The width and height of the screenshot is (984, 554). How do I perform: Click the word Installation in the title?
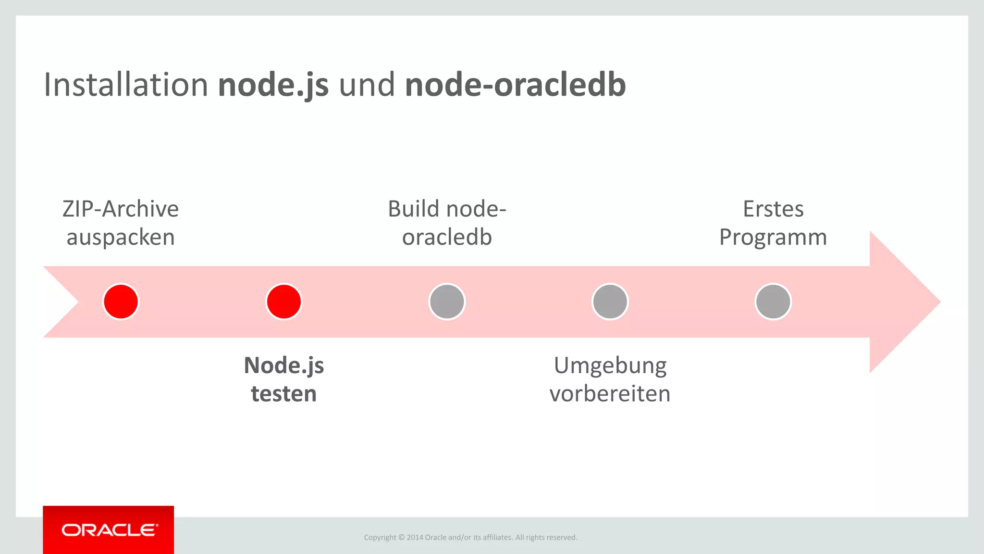pyautogui.click(x=125, y=85)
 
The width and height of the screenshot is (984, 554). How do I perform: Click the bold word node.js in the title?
pyautogui.click(x=273, y=85)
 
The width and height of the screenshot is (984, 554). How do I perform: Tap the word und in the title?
pyautogui.click(x=367, y=85)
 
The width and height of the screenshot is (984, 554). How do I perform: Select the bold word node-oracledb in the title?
pyautogui.click(x=515, y=85)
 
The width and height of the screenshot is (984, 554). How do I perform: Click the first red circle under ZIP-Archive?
pyautogui.click(x=121, y=302)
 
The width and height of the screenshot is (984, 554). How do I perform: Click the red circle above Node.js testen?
pyautogui.click(x=284, y=302)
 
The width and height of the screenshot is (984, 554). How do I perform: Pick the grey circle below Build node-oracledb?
pyautogui.click(x=447, y=302)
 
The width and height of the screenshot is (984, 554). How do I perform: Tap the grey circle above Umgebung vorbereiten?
pyautogui.click(x=610, y=302)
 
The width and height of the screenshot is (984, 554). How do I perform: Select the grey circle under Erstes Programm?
pyautogui.click(x=773, y=302)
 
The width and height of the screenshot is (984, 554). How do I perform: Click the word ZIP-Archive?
pyautogui.click(x=121, y=209)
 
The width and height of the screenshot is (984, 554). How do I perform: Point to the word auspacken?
pyautogui.click(x=121, y=238)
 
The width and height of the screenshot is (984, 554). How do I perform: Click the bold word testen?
pyautogui.click(x=284, y=394)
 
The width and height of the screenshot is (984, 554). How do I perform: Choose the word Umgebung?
pyautogui.click(x=610, y=366)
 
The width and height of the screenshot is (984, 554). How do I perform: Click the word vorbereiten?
pyautogui.click(x=610, y=394)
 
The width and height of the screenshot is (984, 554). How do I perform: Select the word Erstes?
pyautogui.click(x=773, y=209)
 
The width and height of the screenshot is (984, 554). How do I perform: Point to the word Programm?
pyautogui.click(x=773, y=238)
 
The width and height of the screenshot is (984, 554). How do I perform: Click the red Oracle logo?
pyautogui.click(x=109, y=530)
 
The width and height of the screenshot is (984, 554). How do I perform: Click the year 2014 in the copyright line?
pyautogui.click(x=415, y=537)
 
